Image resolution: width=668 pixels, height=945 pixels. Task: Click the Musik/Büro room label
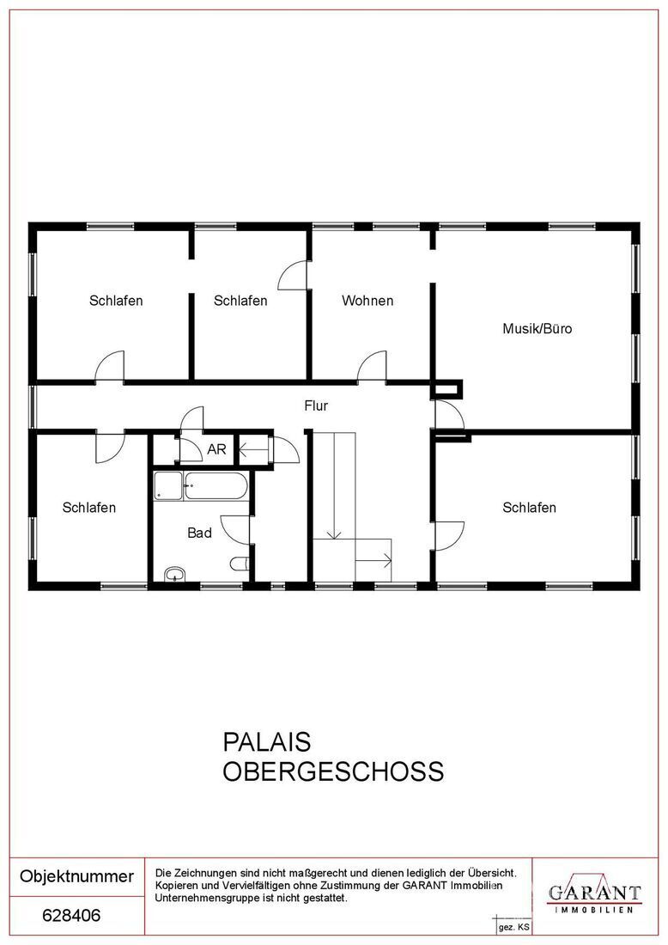point(537,328)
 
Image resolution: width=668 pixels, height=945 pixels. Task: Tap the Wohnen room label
point(367,300)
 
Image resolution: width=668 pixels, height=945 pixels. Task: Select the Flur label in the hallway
point(316,405)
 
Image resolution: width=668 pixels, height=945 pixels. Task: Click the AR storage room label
point(216,449)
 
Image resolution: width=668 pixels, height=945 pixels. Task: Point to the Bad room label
point(199,533)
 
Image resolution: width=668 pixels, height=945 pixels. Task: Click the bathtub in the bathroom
point(216,485)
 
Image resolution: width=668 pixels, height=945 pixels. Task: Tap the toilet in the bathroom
point(240,564)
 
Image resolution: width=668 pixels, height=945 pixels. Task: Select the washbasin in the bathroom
point(174,574)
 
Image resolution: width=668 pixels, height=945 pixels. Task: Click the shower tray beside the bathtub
point(167,485)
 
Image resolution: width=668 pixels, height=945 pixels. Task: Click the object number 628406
point(71,916)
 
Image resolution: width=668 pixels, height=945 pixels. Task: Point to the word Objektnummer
point(77,876)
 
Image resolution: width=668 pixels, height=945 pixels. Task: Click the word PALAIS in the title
point(267,742)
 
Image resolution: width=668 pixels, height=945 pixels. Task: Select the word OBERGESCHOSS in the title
point(334,771)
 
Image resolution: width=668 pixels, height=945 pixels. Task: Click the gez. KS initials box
point(513,927)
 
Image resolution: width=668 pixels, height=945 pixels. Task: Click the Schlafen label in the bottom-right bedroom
point(529,508)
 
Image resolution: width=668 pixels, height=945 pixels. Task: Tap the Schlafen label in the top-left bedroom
point(116,300)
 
